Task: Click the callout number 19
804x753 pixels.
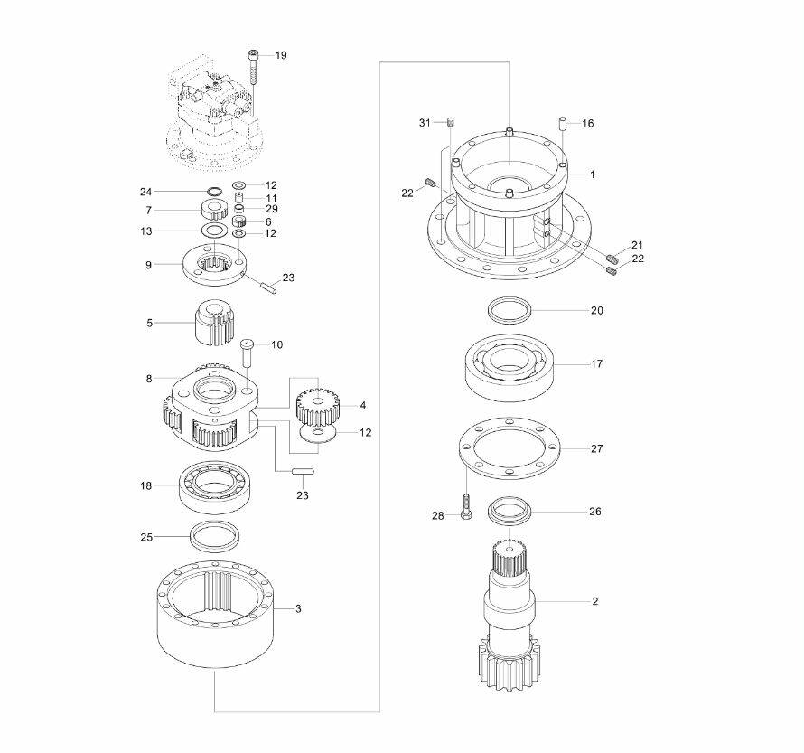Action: coord(281,55)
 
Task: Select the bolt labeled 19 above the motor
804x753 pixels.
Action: coord(253,67)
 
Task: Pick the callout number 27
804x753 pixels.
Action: coord(597,449)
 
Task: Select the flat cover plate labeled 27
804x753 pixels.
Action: coord(509,448)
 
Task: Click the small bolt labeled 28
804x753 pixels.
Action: coord(466,507)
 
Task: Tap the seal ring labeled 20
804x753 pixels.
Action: coord(510,310)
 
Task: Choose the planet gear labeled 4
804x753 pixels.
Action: coord(318,406)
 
